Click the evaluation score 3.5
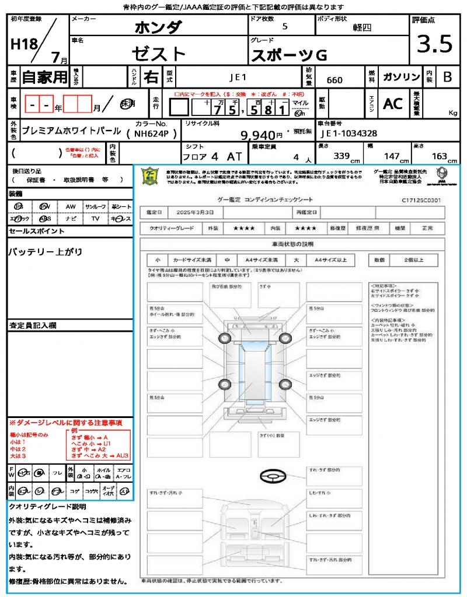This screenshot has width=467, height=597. [x=435, y=45]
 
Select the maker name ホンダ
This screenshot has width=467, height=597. [x=158, y=28]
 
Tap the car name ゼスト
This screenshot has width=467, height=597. [x=158, y=54]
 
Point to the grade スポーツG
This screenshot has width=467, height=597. [x=288, y=55]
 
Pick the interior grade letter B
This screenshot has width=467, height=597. [x=447, y=78]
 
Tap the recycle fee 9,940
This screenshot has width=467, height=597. [x=257, y=135]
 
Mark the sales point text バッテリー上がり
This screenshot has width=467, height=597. [x=45, y=252]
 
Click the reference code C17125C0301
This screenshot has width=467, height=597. [x=421, y=200]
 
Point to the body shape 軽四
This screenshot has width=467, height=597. [x=362, y=27]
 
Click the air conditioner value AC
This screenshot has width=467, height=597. [x=393, y=104]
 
